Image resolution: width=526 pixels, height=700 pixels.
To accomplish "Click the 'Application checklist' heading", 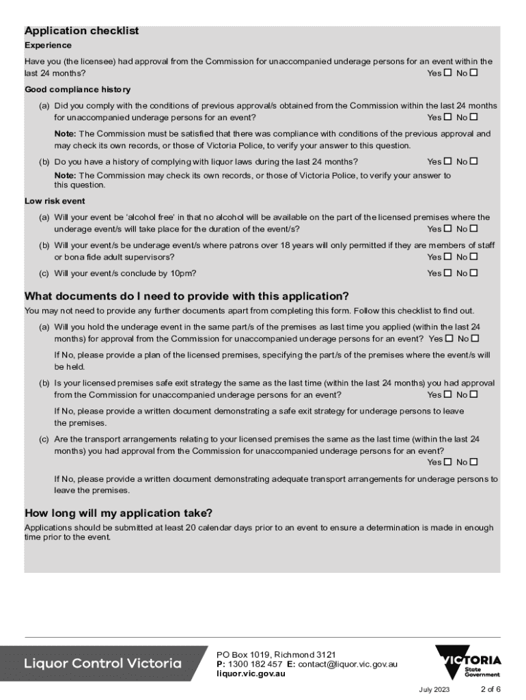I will point(81,31).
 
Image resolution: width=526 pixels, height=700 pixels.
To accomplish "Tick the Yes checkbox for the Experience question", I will point(448,72).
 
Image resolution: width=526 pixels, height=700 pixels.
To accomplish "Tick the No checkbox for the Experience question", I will point(474,72).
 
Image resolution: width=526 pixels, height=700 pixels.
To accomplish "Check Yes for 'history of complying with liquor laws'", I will point(448,161).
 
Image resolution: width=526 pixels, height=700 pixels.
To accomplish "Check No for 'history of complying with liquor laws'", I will point(474,161).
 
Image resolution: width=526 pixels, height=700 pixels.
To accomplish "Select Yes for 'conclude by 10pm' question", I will point(448,273).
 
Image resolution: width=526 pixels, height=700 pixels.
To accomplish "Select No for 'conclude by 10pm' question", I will point(474,273).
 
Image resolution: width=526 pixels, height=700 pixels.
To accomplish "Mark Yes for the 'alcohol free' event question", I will point(448,229).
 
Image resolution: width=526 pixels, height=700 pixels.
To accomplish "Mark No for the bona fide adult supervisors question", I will point(474,257).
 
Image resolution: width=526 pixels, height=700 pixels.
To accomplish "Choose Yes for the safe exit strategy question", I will point(448,394).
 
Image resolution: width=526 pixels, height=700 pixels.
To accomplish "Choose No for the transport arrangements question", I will point(474,462).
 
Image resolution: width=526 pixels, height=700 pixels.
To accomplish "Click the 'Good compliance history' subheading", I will point(77,90).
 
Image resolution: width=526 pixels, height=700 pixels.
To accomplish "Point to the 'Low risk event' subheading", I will point(55,201).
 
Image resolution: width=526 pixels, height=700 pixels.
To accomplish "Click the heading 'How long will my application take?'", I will point(118,513).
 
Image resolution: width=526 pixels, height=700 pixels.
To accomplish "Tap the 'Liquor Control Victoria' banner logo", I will point(103,663).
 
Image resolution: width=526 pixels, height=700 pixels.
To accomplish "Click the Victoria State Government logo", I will point(469,662).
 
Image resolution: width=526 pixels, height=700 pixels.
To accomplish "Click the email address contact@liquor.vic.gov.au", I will point(351,664).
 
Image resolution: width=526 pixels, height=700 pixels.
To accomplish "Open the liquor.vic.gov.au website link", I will point(251,673).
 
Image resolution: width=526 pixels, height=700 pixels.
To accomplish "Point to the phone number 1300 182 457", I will point(255,664).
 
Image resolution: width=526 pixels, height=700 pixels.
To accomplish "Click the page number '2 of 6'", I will point(490,688).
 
